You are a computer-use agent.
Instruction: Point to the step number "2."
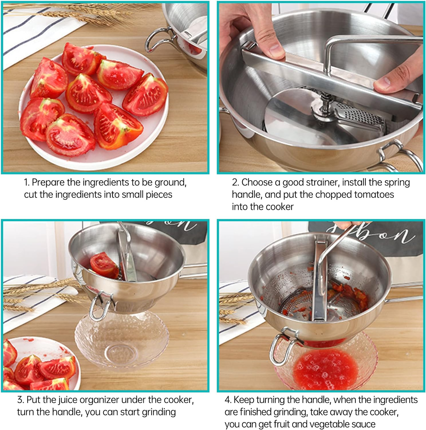coord(235,183)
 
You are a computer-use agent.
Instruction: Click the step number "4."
coord(228,400)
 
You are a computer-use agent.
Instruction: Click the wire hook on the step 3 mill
coord(100,307)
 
